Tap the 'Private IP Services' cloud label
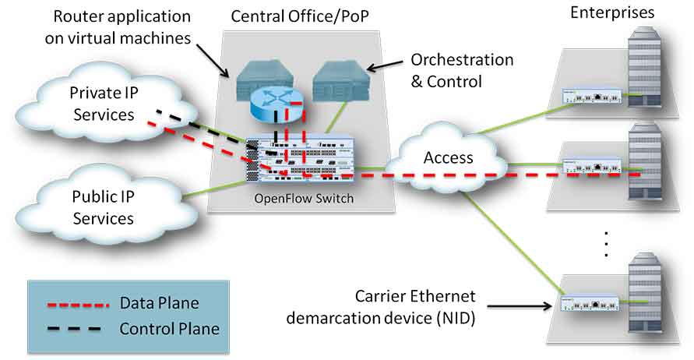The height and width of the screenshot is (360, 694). click(104, 104)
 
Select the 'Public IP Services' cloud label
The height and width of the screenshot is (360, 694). click(104, 207)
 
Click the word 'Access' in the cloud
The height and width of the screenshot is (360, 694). click(448, 157)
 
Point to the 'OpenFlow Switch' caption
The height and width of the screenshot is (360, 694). click(304, 198)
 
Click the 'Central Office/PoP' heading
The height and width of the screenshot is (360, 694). click(300, 17)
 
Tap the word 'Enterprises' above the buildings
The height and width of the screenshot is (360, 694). click(612, 12)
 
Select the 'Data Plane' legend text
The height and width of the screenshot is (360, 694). click(160, 303)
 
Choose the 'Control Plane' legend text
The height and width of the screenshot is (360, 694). click(170, 329)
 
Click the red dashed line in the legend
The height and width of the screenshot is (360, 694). click(78, 305)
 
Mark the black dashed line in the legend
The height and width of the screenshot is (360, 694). click(74, 329)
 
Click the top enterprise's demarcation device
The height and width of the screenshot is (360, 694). click(592, 96)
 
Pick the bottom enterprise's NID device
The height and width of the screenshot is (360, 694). click(590, 304)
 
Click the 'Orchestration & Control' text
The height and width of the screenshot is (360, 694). click(462, 70)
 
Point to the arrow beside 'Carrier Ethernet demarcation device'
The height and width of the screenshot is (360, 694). click(520, 306)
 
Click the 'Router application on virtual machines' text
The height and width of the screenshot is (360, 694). click(118, 27)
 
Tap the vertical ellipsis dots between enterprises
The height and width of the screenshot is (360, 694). click(606, 244)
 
